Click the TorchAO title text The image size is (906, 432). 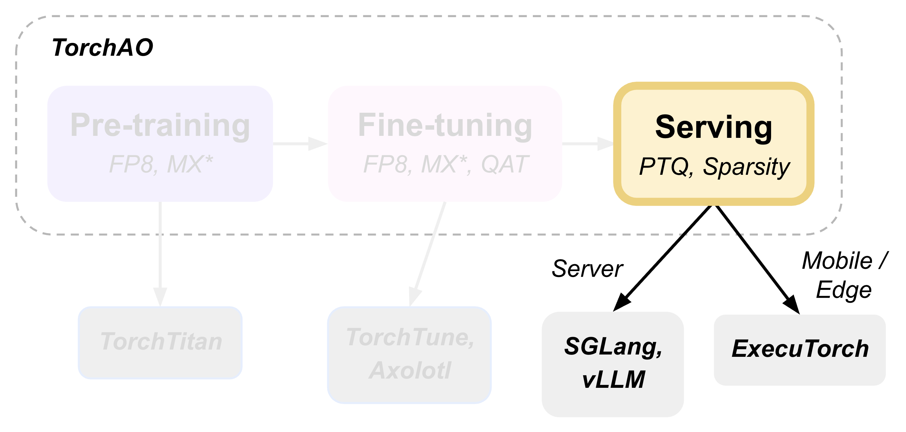point(102,48)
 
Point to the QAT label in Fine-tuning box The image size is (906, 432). point(505,164)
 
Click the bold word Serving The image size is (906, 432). point(714,127)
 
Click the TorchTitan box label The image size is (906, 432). point(161,342)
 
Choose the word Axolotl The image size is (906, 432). point(410,370)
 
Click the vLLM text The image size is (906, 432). point(613,380)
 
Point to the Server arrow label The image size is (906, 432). point(587,269)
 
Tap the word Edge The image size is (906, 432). point(843,290)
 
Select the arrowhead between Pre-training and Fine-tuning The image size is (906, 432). point(317,144)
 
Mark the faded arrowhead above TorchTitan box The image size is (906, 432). point(160,297)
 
